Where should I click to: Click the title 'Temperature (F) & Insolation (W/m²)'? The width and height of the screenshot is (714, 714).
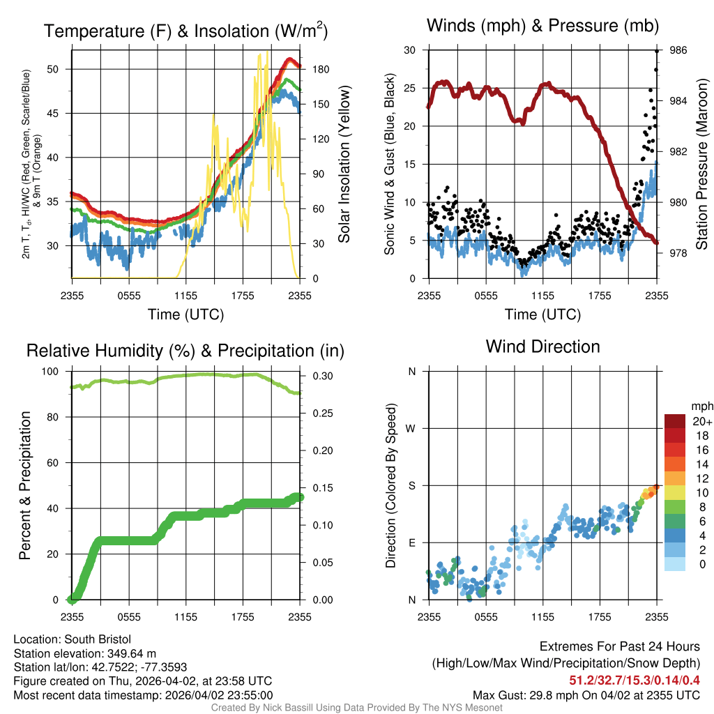[185, 31]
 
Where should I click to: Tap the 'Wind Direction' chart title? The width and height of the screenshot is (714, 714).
[542, 347]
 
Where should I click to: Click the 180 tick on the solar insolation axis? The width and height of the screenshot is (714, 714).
[313, 69]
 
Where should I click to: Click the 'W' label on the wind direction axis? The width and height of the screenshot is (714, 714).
[411, 428]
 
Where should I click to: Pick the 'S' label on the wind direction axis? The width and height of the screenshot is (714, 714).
[411, 485]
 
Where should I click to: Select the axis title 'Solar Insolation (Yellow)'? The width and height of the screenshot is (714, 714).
[344, 164]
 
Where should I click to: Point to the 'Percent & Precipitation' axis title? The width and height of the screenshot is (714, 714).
[25, 485]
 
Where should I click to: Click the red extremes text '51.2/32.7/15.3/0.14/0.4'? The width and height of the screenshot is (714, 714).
[635, 680]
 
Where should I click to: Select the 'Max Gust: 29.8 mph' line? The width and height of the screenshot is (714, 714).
[586, 694]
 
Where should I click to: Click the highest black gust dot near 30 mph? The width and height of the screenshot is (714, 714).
[656, 51]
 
